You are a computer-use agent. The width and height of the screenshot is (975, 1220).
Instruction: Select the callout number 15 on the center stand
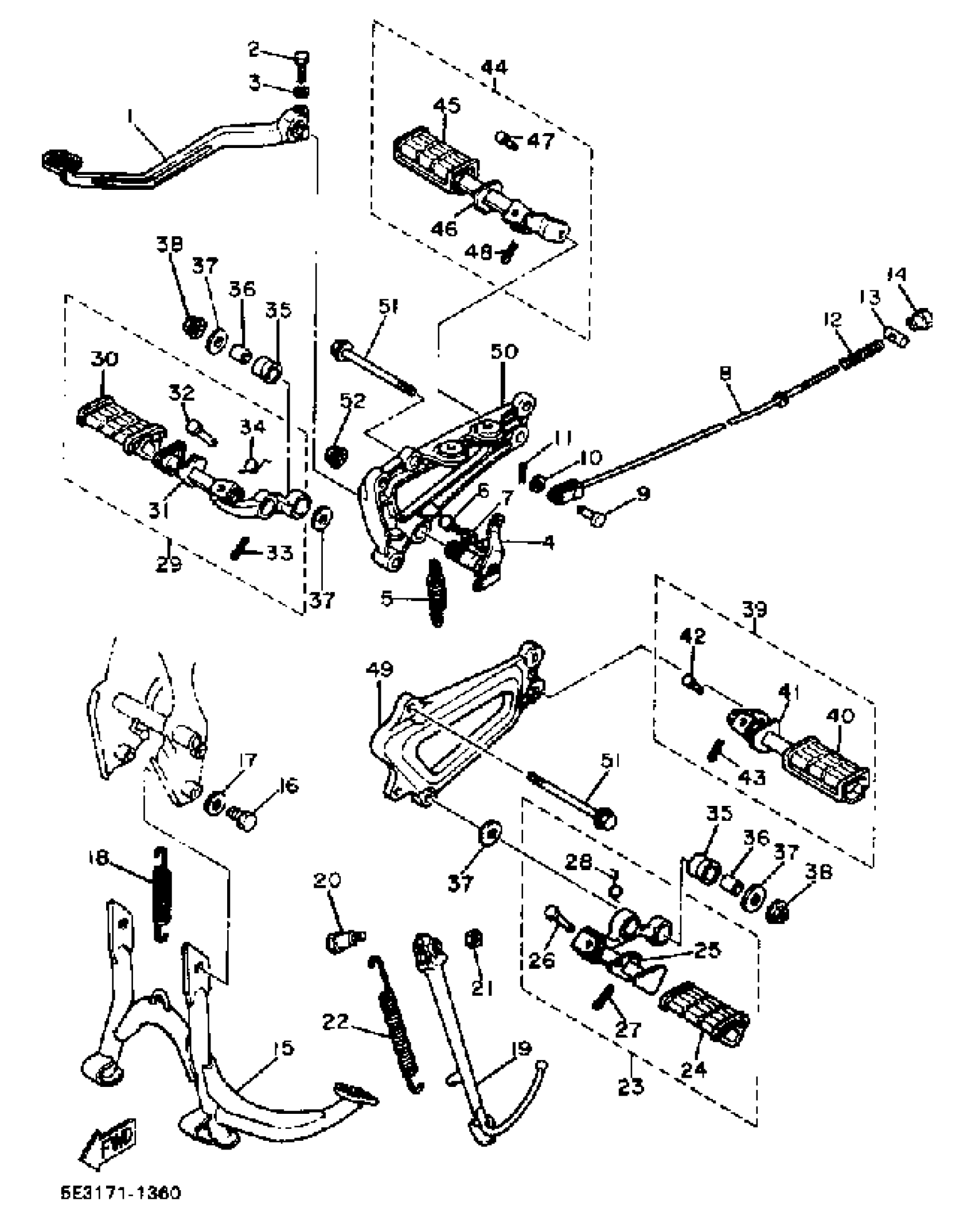[282, 1047]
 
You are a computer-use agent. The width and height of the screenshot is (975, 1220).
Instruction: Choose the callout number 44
[494, 68]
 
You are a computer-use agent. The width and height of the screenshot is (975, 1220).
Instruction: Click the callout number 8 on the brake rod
[725, 373]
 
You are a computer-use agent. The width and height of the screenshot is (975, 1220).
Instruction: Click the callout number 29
[168, 564]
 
